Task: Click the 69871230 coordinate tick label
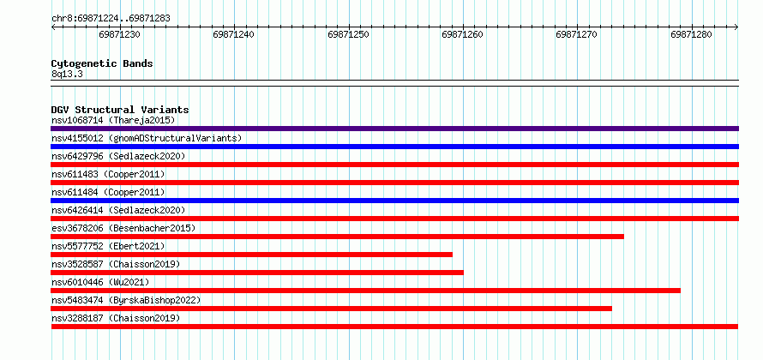[119, 34]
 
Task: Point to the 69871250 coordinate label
[348, 34]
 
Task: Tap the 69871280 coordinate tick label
[691, 34]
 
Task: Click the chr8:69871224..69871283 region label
[111, 19]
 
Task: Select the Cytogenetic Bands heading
[102, 63]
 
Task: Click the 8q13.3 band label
[66, 75]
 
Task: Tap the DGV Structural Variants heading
[120, 110]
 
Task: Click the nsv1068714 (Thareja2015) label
[113, 120]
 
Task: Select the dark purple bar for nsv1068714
[394, 129]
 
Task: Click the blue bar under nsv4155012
[394, 147]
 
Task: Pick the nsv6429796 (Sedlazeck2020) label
[118, 156]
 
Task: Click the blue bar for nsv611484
[394, 201]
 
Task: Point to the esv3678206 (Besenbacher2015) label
[123, 228]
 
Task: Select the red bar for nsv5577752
[251, 255]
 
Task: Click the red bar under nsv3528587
[257, 273]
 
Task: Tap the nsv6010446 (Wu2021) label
[100, 282]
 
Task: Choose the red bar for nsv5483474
[332, 309]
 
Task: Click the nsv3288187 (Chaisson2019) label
[116, 318]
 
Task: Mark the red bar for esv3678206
[337, 237]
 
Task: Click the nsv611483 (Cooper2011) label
[108, 174]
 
